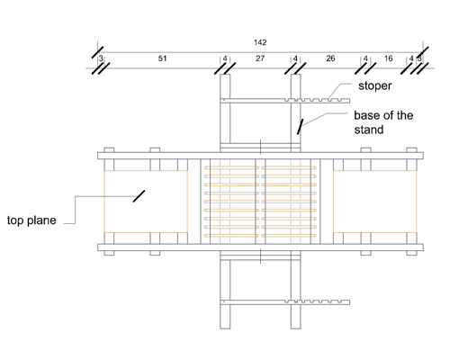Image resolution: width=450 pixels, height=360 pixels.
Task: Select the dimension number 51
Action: coord(162,58)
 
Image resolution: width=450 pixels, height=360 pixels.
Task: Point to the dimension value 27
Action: coord(259,58)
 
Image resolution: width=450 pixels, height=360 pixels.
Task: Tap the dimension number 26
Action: coord(330,58)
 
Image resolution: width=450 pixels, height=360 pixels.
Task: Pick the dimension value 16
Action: coord(388,58)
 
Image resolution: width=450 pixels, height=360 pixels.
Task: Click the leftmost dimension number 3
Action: coord(101,59)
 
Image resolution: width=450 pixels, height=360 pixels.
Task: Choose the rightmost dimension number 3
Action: coord(419,59)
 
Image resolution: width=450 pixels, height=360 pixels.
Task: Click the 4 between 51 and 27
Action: coord(224,59)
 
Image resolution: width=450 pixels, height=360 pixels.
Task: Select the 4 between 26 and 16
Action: coord(365,59)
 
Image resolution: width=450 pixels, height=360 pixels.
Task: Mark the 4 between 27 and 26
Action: coord(294,59)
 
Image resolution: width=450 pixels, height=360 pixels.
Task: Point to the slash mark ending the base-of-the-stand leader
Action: coord(301,125)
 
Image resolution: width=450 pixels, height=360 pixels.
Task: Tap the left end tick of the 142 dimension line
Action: coord(95,51)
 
